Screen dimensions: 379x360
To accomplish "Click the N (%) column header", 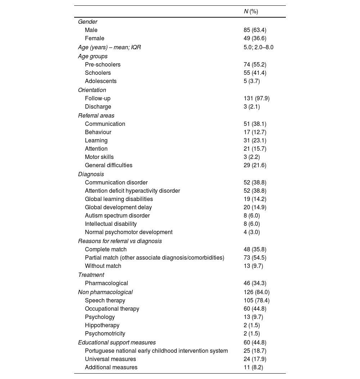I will pyautogui.click(x=251, y=12).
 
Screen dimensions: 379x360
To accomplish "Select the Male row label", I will pyautogui.click(x=91, y=30).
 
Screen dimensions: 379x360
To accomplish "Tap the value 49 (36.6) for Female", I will pyautogui.click(x=255, y=38).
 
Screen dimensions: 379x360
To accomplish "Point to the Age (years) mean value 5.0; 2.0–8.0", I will pyautogui.click(x=258, y=47).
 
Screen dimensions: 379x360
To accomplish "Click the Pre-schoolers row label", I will pyautogui.click(x=103, y=65).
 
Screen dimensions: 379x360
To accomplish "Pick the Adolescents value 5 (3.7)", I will pyautogui.click(x=252, y=81).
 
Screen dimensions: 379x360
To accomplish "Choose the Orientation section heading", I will pyautogui.click(x=92, y=90).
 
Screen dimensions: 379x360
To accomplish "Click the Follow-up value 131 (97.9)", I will pyautogui.click(x=256, y=99).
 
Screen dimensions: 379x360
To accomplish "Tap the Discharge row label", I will pyautogui.click(x=98, y=107).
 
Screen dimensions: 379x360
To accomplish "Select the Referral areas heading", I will pyautogui.click(x=96, y=116).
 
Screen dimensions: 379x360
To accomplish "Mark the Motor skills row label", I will pyautogui.click(x=99, y=157).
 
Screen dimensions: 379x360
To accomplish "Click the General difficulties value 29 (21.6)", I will pyautogui.click(x=255, y=165).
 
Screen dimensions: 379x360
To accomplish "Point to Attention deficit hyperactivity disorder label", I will pyautogui.click(x=132, y=191).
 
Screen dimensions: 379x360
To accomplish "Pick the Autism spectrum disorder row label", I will pyautogui.click(x=117, y=216).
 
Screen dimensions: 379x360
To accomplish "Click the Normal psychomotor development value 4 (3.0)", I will pyautogui.click(x=252, y=232).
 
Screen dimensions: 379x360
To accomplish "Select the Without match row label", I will pyautogui.click(x=103, y=266).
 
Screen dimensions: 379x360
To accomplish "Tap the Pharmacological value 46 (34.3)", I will pyautogui.click(x=255, y=283).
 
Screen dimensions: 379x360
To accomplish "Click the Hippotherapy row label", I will pyautogui.click(x=102, y=325).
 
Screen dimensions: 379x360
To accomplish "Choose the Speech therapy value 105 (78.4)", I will pyautogui.click(x=256, y=301).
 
